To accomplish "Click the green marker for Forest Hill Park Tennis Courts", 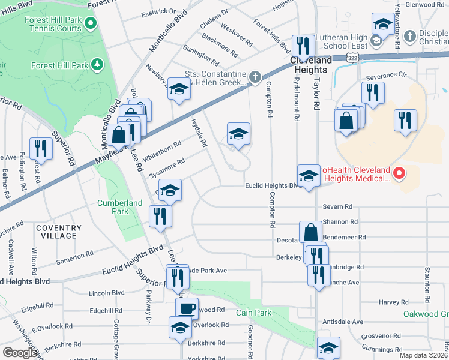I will pyautogui.click(x=91, y=24).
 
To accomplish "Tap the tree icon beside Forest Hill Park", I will pyautogui.click(x=96, y=64).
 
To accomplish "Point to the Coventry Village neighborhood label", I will pyautogui.click(x=58, y=232).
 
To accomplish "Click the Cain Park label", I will pyautogui.click(x=253, y=313).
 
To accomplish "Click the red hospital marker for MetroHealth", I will pyautogui.click(x=399, y=174).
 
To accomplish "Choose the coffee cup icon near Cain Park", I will pyautogui.click(x=186, y=309).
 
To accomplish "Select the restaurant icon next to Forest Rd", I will pyautogui.click(x=41, y=148).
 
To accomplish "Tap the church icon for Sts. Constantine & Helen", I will pyautogui.click(x=255, y=77).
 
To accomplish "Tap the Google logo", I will pyautogui.click(x=20, y=352).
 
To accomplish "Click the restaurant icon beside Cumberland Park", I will pyautogui.click(x=160, y=216).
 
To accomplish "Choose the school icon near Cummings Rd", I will pyautogui.click(x=328, y=349).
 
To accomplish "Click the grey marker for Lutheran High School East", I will pyautogui.click(x=376, y=41).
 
